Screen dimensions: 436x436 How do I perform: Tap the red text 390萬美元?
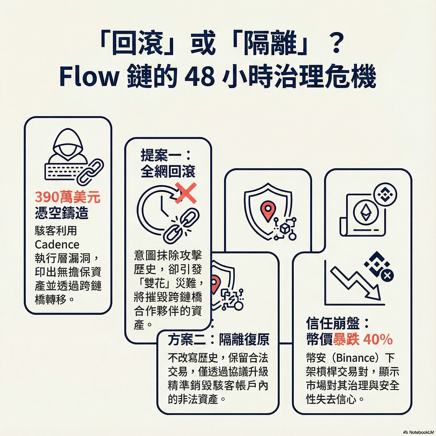click(67, 197)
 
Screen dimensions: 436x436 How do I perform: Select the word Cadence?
click(57, 244)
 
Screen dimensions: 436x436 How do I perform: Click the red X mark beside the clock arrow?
click(186, 193)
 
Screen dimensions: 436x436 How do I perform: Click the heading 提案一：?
click(166, 155)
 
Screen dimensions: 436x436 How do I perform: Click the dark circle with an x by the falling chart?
click(387, 275)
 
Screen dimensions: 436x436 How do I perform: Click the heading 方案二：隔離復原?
click(218, 340)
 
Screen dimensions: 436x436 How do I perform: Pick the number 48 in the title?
click(199, 77)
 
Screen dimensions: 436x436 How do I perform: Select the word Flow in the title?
click(89, 77)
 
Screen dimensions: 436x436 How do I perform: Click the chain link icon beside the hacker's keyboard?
click(90, 172)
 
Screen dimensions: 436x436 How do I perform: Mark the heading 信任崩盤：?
click(337, 323)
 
